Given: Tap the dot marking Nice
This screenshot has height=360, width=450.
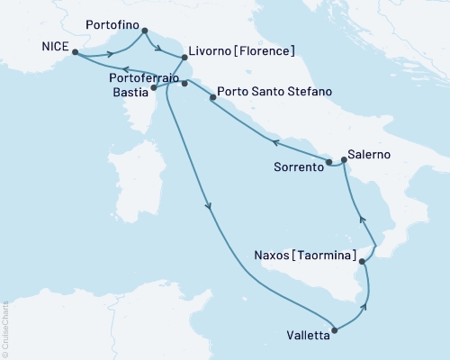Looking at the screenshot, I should click(75, 52).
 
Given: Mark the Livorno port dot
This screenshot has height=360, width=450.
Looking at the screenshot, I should click(184, 58).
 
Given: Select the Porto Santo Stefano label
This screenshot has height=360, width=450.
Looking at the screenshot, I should click(276, 93).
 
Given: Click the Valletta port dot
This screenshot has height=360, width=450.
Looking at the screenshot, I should click(335, 330).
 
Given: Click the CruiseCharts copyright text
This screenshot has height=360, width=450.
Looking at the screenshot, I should click(5, 328).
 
